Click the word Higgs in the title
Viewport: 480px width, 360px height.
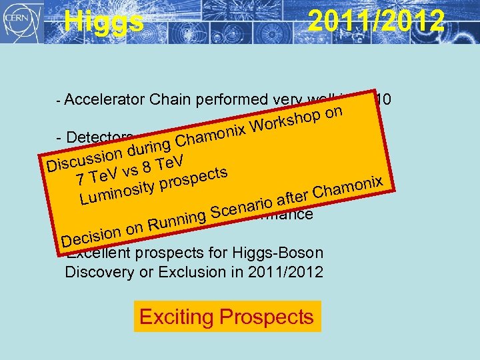pos(103,21)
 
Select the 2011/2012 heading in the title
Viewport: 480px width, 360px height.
pos(375,21)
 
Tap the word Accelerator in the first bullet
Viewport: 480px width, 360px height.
pos(106,100)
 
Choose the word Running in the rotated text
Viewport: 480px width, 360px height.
pos(176,219)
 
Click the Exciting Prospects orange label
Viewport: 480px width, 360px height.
pos(227,317)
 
